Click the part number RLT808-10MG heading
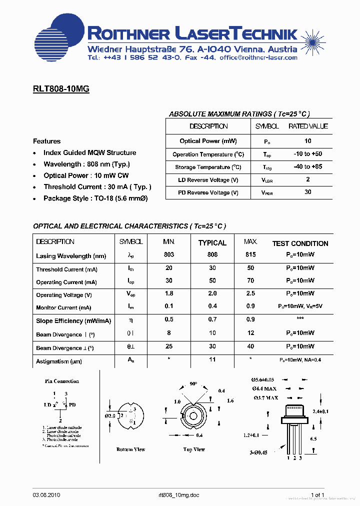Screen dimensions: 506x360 click(61, 89)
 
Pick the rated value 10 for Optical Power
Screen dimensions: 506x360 click(307, 141)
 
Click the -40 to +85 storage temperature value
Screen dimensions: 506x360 click(307, 167)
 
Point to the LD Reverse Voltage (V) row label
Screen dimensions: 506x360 click(208, 180)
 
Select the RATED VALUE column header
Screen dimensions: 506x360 click(308, 126)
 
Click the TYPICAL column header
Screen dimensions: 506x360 click(212, 243)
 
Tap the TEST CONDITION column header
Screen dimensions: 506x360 click(300, 243)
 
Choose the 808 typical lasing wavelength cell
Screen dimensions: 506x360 click(212, 254)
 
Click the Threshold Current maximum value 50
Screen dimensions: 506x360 click(250, 268)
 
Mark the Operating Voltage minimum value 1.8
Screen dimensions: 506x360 click(169, 294)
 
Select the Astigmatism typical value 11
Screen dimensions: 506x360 click(212, 359)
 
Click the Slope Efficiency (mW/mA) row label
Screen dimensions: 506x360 click(73, 321)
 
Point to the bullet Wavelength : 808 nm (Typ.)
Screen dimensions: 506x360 click(86, 164)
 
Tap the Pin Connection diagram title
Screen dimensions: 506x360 click(61, 381)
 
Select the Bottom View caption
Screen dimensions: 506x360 click(130, 449)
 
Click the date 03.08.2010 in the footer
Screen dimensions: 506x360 click(47, 495)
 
